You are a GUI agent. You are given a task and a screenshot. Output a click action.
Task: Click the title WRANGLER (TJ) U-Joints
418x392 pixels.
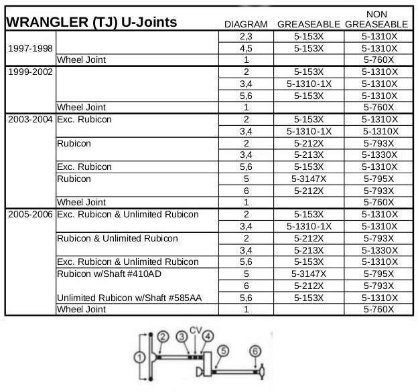(x=91, y=22)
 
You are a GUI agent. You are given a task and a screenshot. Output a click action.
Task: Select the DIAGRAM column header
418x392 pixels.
(x=246, y=25)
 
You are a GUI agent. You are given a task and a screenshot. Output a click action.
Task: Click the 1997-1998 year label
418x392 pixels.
(x=29, y=48)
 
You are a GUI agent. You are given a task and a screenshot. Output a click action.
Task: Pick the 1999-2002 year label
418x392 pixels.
(x=29, y=72)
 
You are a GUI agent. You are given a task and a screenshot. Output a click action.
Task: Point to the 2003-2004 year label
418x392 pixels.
(x=29, y=119)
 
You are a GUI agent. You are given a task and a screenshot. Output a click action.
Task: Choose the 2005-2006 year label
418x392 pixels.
(x=29, y=214)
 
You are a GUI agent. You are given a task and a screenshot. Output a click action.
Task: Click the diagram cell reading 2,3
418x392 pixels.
(x=246, y=37)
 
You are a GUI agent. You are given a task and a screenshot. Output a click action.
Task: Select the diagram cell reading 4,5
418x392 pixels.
(x=246, y=48)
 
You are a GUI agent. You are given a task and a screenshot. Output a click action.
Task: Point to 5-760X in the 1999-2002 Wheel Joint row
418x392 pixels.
(x=379, y=107)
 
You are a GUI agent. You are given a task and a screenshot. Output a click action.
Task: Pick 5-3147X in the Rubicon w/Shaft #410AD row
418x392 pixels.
(x=309, y=274)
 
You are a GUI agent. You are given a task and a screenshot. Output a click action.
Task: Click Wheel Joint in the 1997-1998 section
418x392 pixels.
(x=81, y=60)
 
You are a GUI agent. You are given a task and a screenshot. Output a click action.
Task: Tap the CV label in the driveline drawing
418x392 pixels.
(x=195, y=330)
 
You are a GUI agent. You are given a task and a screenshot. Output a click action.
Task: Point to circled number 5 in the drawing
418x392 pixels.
(x=222, y=350)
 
